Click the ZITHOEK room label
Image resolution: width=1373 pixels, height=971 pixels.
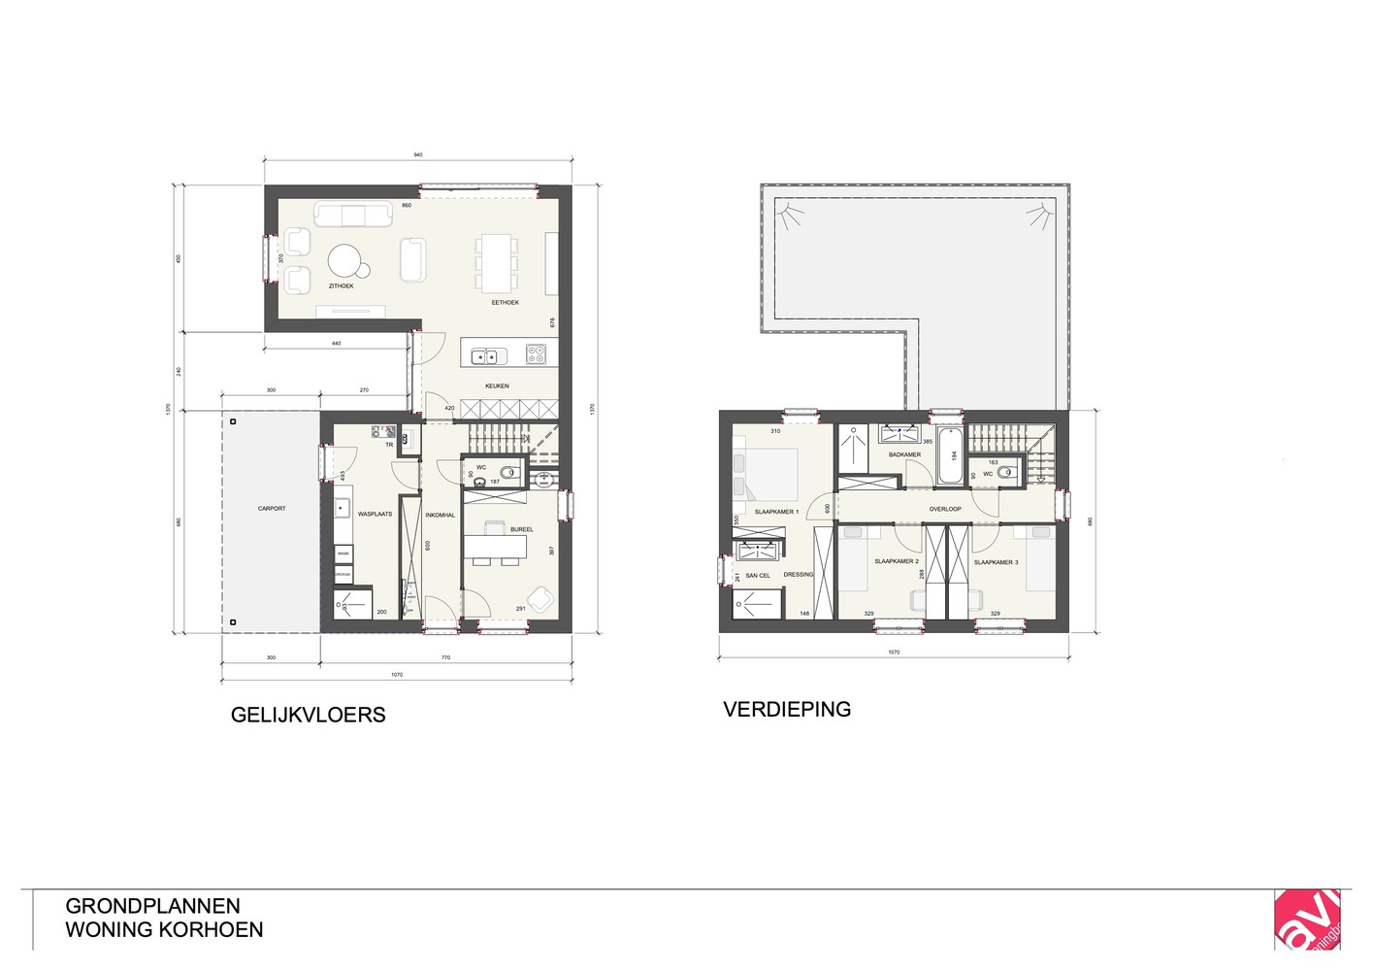[341, 286]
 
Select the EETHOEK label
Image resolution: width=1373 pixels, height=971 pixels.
[505, 303]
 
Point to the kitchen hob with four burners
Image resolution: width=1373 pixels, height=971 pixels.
[536, 354]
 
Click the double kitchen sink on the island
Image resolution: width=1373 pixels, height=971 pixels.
[483, 356]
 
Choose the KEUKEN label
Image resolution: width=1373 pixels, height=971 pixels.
[497, 386]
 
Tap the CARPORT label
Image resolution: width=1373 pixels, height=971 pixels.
[272, 509]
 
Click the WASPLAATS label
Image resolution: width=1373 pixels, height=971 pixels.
[375, 514]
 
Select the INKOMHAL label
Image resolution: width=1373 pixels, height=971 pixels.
[440, 516]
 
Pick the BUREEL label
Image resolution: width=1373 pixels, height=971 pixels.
[521, 529]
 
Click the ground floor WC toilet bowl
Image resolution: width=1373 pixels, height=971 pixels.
[509, 473]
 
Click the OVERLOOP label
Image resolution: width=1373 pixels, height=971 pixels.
[944, 509]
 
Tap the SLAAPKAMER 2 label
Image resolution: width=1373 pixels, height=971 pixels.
[896, 561]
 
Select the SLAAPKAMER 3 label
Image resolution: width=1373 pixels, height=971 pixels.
[996, 562]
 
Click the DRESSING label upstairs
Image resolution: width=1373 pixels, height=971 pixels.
[799, 575]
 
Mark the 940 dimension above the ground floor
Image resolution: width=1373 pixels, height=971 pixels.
[418, 155]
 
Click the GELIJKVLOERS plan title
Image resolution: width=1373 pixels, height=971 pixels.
[308, 716]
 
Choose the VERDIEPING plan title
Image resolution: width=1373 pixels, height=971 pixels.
[787, 710]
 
